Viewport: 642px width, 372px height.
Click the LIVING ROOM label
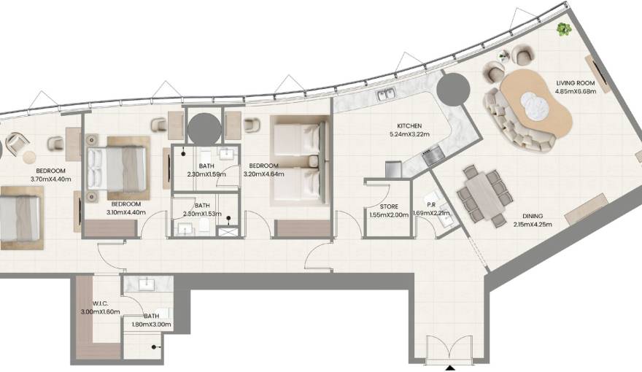point(572,83)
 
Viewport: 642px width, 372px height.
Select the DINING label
point(533,216)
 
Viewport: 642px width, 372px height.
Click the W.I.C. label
point(101,303)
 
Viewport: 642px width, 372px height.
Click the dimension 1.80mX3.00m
point(152,325)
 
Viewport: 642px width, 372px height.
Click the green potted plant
point(562,29)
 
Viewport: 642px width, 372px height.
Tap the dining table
point(482,195)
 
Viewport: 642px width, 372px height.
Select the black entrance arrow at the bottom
point(451,367)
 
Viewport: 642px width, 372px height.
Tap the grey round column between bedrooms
point(204,128)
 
